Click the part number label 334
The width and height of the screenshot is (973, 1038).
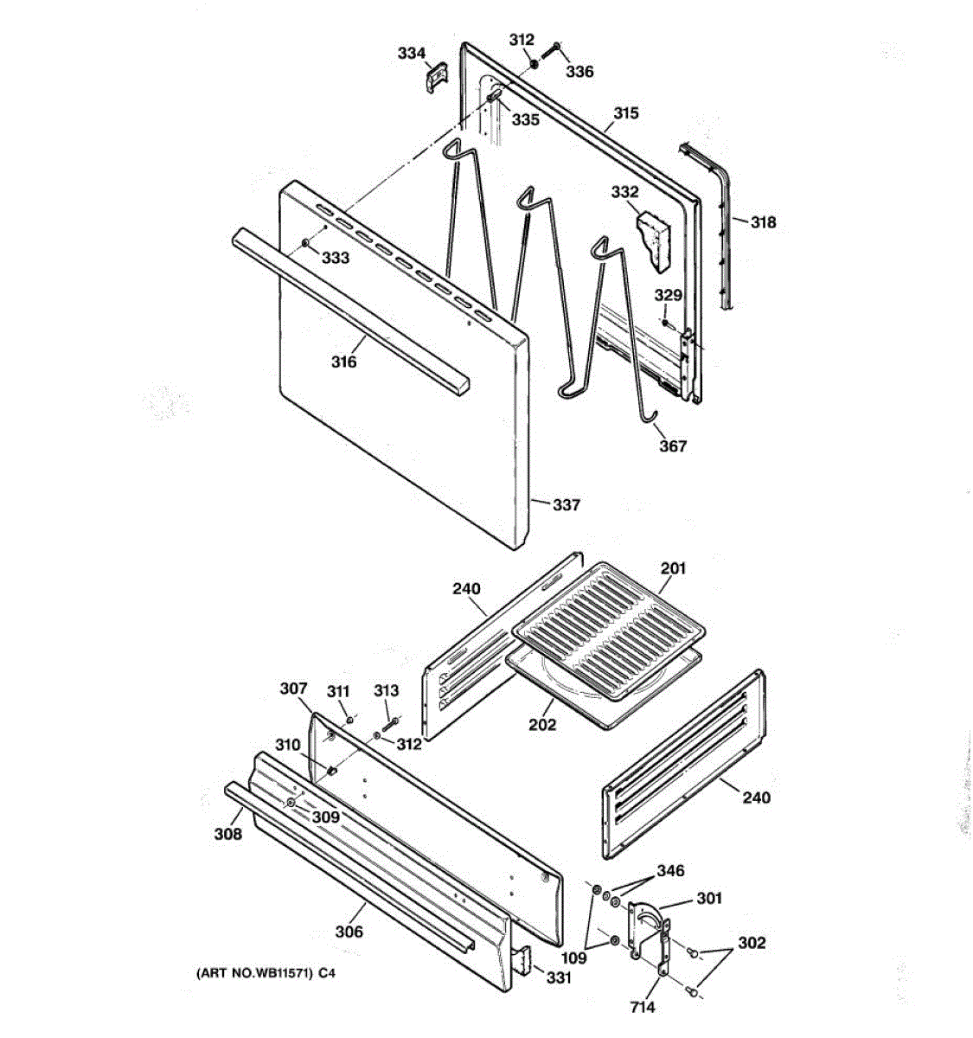(x=412, y=54)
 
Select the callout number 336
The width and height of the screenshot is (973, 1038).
(x=579, y=72)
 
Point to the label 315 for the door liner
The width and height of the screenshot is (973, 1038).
(x=626, y=113)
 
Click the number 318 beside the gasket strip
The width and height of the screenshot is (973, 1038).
(x=763, y=222)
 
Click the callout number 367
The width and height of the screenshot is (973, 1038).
(x=673, y=446)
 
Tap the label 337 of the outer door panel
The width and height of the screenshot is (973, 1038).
(x=567, y=505)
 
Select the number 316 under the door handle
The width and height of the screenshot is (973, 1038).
(x=343, y=362)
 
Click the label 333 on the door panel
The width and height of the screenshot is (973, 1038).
(x=336, y=258)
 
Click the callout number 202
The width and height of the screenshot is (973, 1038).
(x=542, y=725)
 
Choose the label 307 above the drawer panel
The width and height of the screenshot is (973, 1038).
(x=293, y=689)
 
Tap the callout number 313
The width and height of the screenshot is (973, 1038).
(x=387, y=690)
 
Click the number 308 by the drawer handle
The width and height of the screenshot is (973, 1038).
(x=228, y=834)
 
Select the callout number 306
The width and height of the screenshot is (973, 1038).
(x=349, y=932)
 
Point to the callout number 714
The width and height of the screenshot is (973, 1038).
(x=643, y=1007)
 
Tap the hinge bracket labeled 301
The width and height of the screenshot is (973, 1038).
(x=650, y=930)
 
